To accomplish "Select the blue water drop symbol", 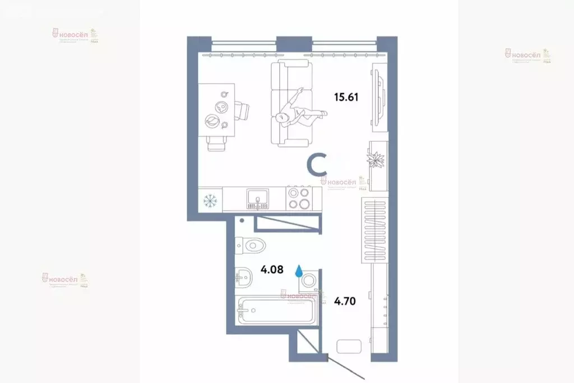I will click(299, 270).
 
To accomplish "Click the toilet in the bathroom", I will click(250, 244).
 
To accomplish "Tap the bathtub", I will click(275, 310).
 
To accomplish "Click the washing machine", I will click(309, 282).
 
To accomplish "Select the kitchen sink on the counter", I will click(257, 198).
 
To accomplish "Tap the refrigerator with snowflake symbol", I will click(210, 199).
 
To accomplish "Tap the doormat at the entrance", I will click(349, 346).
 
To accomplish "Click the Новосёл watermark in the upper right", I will click(527, 55).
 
